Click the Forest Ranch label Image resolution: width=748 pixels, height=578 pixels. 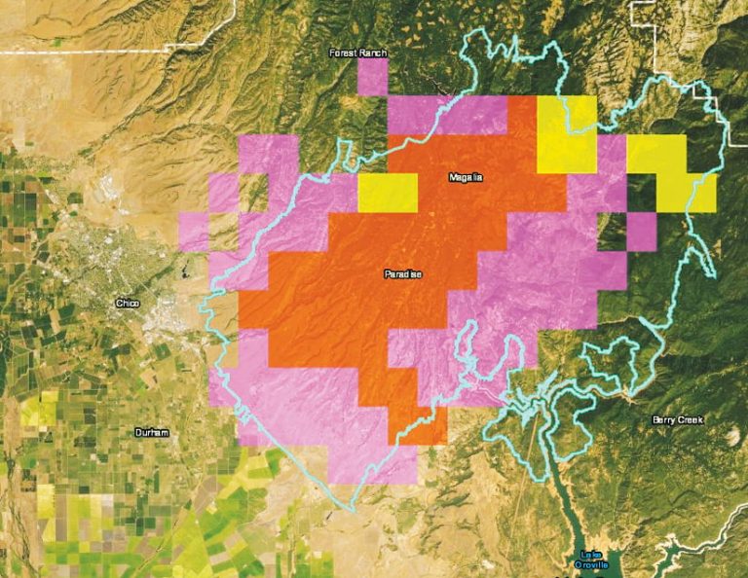(x=357, y=53)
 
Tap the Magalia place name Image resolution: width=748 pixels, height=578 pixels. (x=465, y=177)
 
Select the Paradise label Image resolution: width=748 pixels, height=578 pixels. (x=403, y=274)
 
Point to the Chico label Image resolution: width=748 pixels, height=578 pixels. (x=127, y=304)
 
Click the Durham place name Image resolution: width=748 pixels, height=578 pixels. (x=151, y=431)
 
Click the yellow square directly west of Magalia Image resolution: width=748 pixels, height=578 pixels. (x=388, y=192)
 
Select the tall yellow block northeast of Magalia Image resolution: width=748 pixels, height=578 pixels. (x=566, y=133)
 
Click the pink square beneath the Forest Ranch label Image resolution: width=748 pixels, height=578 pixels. (x=372, y=77)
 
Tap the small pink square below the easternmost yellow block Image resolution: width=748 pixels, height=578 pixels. (x=641, y=231)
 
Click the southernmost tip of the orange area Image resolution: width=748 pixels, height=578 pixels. (x=419, y=438)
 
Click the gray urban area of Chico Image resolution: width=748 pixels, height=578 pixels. (x=107, y=263)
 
